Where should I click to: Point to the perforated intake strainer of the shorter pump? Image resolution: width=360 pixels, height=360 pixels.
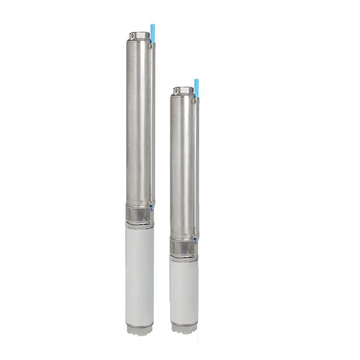pos(183,246)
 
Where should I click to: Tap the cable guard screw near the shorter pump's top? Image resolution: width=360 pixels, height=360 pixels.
pos(194,101)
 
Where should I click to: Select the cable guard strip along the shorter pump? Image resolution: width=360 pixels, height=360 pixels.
pos(196,170)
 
